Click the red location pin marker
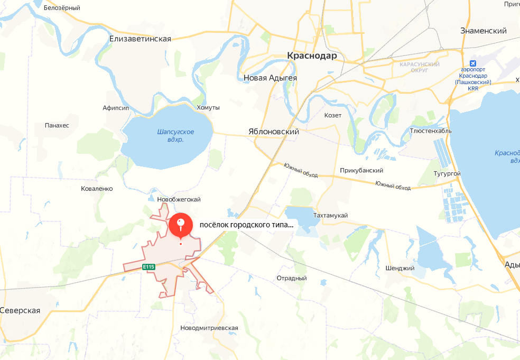click(x=181, y=225)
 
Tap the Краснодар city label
click(x=312, y=56)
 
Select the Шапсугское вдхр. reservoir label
click(x=176, y=135)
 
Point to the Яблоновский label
click(x=274, y=132)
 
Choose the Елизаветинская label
click(x=140, y=39)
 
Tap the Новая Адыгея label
click(x=270, y=78)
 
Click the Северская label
click(x=21, y=310)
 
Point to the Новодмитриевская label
click(x=209, y=328)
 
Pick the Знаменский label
click(x=484, y=31)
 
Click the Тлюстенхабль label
click(x=430, y=131)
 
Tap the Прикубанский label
click(x=362, y=170)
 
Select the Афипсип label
click(x=116, y=108)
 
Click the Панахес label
click(x=58, y=125)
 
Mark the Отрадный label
click(x=292, y=278)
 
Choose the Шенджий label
click(x=400, y=268)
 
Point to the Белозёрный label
click(x=62, y=8)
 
